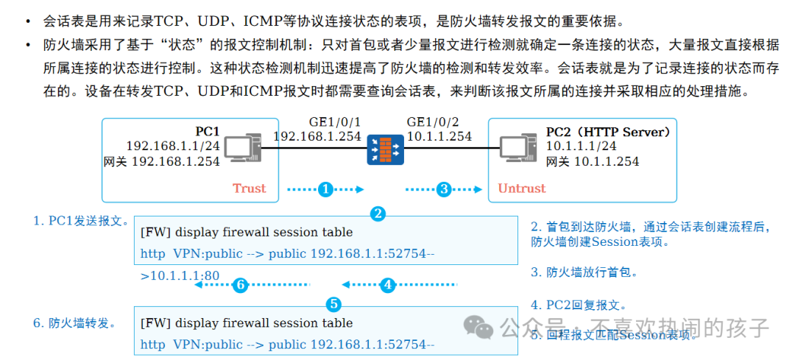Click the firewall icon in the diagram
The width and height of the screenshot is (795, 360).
pos(386,149)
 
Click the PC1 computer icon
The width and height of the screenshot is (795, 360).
pos(242,149)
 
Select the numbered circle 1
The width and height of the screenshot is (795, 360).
pos(325,189)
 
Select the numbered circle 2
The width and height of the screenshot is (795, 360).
pos(378,214)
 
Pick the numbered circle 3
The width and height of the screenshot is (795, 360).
pos(443,189)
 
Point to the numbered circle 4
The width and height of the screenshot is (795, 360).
pos(388,285)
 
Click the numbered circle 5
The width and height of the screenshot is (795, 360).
pos(333,304)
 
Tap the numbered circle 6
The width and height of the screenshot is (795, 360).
pos(239,285)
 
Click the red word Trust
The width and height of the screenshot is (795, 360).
pos(249,188)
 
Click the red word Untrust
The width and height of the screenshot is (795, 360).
pos(522,188)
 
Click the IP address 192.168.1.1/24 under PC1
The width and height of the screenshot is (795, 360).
pos(172,147)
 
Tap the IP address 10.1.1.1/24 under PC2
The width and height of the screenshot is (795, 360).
pos(581,147)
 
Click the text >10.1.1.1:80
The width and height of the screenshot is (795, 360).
pos(180,276)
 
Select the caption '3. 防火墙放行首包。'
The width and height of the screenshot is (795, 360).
pos(584,272)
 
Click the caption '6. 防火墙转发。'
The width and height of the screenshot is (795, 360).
pos(74,323)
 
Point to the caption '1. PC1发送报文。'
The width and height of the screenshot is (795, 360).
pos(81,221)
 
